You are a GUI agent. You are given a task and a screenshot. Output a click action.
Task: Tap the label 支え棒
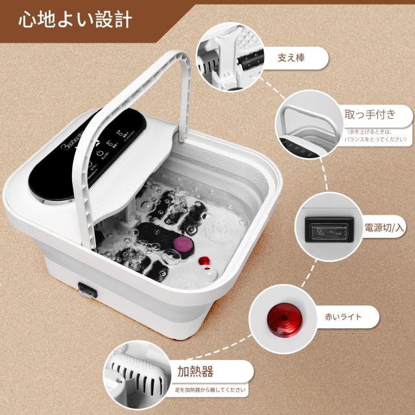(x=291, y=58)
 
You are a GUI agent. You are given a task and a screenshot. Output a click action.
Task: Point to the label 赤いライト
(x=343, y=317)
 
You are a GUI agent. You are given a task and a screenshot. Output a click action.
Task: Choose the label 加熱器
(x=195, y=372)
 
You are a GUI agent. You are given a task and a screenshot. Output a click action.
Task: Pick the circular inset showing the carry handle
(x=307, y=130)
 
